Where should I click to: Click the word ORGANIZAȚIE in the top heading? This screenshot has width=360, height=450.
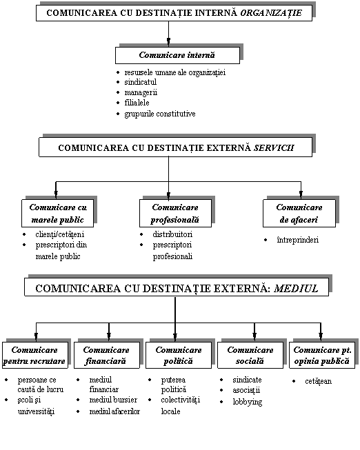pyautogui.click(x=271, y=13)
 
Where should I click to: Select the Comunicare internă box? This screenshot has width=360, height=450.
pyautogui.click(x=177, y=55)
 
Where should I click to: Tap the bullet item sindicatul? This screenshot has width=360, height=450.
pyautogui.click(x=140, y=82)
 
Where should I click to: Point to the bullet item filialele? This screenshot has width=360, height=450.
pyautogui.click(x=137, y=103)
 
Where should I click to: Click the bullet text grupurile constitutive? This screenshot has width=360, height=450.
pyautogui.click(x=160, y=114)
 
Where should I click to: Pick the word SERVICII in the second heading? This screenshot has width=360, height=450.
pyautogui.click(x=274, y=147)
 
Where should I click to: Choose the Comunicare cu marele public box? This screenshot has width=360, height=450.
pyautogui.click(x=57, y=213)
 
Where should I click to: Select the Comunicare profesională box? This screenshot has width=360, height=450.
pyautogui.click(x=175, y=213)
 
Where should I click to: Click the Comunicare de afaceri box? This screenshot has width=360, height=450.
pyautogui.click(x=299, y=213)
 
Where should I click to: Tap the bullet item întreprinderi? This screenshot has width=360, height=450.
pyautogui.click(x=298, y=240)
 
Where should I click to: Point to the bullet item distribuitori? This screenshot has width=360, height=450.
pyautogui.click(x=172, y=234)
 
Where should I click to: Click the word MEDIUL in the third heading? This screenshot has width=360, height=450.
pyautogui.click(x=296, y=289)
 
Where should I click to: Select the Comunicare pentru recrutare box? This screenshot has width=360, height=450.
pyautogui.click(x=34, y=355)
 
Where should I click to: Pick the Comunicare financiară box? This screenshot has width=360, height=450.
pyautogui.click(x=107, y=355)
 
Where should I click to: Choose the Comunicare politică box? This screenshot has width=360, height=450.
pyautogui.click(x=179, y=355)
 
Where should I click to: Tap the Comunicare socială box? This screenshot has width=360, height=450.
pyautogui.click(x=250, y=355)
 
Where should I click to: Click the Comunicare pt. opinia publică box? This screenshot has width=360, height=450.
pyautogui.click(x=322, y=355)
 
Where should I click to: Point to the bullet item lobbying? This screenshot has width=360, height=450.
pyautogui.click(x=248, y=402)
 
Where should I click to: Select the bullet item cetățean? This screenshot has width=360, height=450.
pyautogui.click(x=319, y=381)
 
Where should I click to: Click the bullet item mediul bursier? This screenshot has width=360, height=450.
pyautogui.click(x=113, y=400)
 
